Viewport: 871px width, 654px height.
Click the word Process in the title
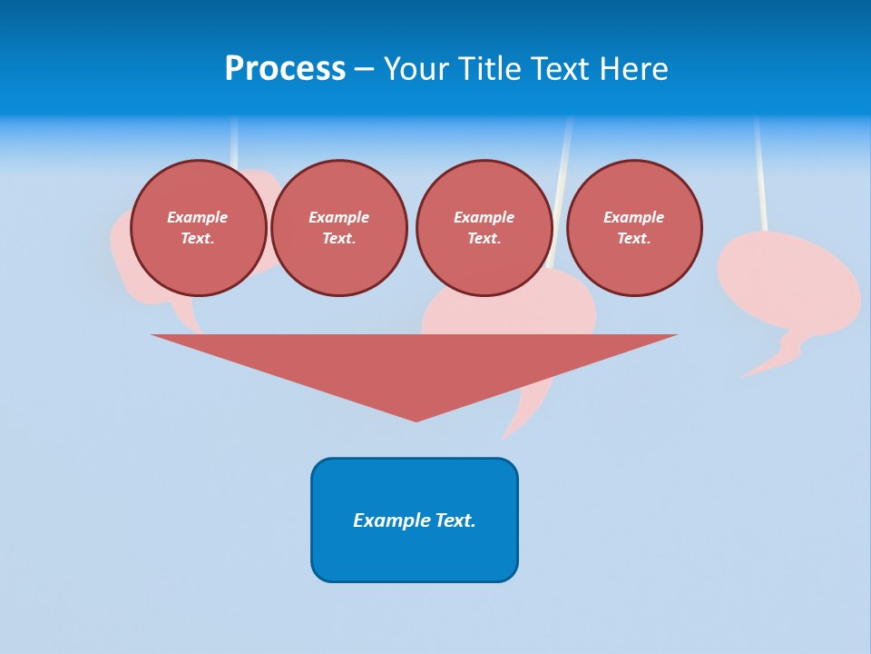click(285, 69)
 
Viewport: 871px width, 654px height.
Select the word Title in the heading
click(491, 69)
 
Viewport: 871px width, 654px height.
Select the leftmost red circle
click(198, 228)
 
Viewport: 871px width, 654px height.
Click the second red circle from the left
click(338, 228)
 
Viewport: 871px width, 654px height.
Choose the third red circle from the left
click(484, 228)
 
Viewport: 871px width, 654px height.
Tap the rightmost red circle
click(634, 228)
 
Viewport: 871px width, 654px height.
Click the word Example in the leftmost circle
click(198, 217)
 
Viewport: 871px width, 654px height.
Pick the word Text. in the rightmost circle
click(633, 239)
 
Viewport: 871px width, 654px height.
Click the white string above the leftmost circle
click(234, 141)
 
